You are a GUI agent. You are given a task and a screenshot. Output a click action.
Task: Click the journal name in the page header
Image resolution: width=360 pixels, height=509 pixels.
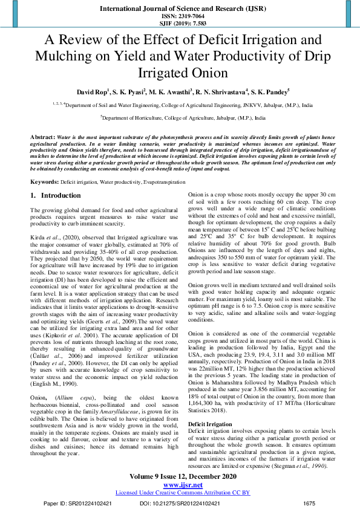click(x=180, y=9)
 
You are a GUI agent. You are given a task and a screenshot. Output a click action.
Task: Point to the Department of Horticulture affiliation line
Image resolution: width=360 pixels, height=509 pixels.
click(x=180, y=118)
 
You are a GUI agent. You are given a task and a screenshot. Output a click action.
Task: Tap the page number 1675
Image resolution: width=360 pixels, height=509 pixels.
click(x=309, y=502)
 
